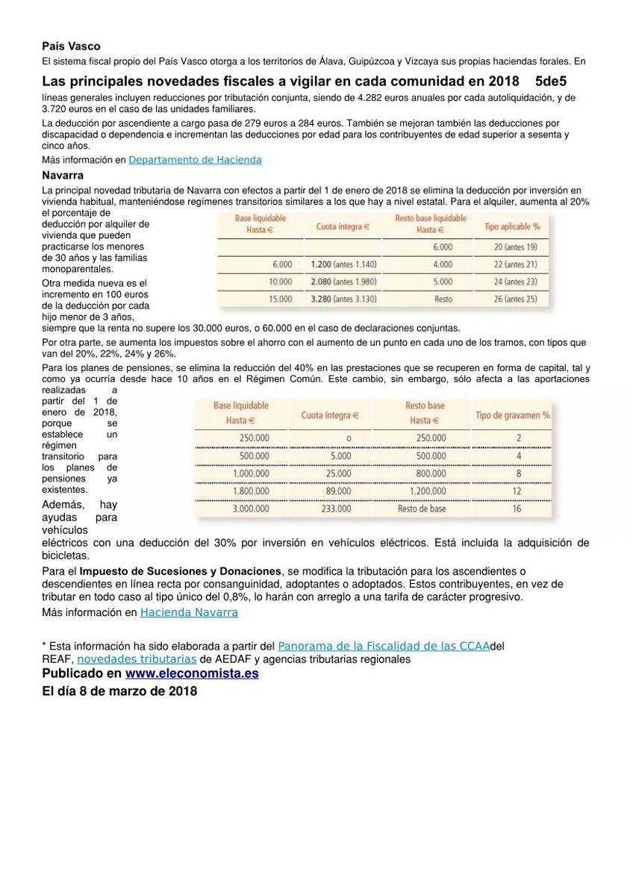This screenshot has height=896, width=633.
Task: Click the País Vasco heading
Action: coord(71,46)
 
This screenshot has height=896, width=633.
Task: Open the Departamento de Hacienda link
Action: coord(195,160)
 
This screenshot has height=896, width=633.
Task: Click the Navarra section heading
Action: coord(63,175)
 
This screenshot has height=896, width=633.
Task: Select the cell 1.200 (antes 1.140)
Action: coord(343,264)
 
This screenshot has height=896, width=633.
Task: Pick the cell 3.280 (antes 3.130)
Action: coord(343,299)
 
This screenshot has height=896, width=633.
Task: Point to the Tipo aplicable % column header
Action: coord(511,226)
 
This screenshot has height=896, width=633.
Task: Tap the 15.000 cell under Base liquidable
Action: coord(281,299)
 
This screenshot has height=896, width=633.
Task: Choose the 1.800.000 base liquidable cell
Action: coord(251,491)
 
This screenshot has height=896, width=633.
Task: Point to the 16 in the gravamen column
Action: coord(517,509)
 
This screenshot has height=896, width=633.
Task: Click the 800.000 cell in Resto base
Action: coord(431,473)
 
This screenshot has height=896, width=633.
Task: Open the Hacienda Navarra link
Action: coord(189,612)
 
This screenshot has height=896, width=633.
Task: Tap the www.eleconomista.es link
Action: coord(192,673)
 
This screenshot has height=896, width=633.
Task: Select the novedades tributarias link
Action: coord(137,659)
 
